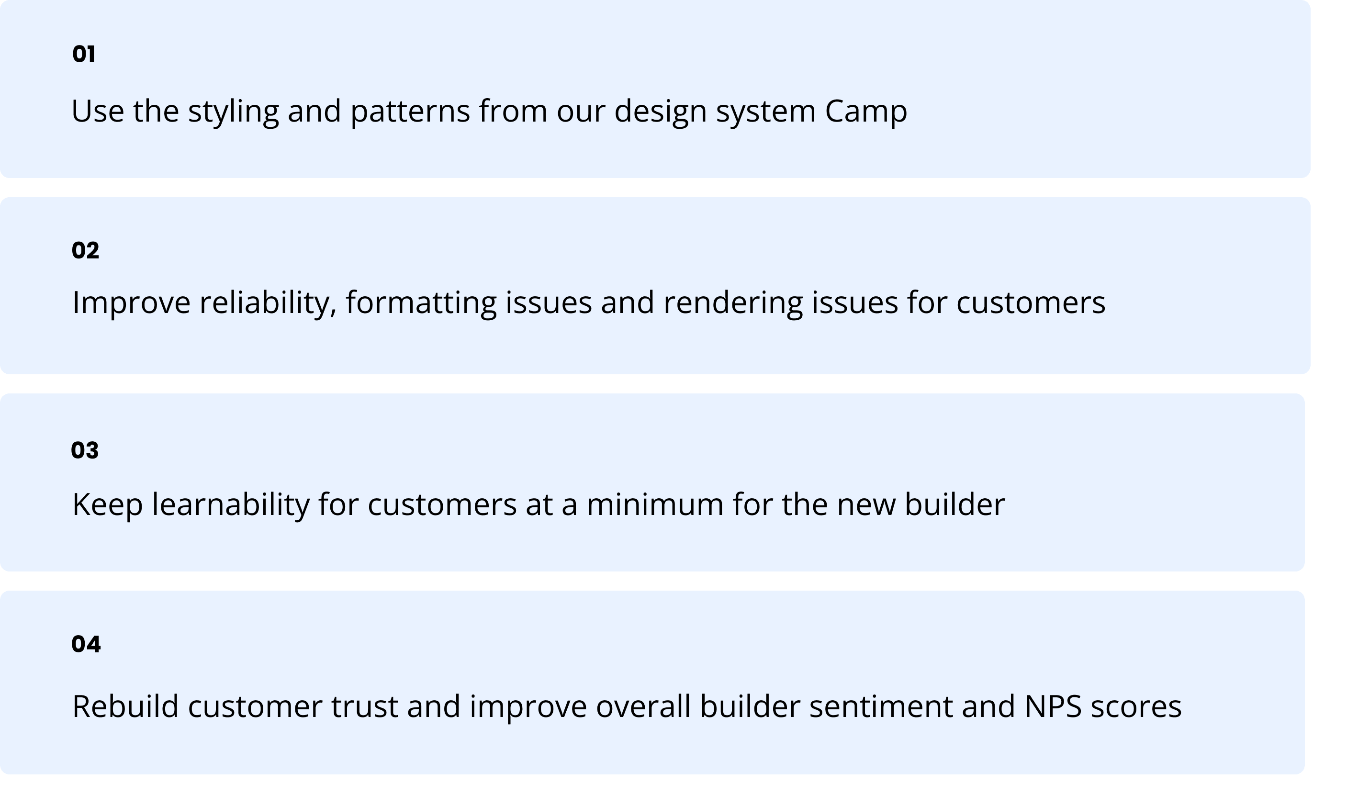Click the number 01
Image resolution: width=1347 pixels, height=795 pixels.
pyautogui.click(x=84, y=54)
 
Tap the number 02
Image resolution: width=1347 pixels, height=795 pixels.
pyautogui.click(x=85, y=251)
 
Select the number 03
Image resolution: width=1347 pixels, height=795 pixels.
pyautogui.click(x=85, y=450)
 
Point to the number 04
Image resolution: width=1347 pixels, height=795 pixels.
pyautogui.click(x=86, y=644)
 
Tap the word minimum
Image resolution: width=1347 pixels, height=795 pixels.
pyautogui.click(x=655, y=504)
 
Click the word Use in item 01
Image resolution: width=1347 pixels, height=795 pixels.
pyautogui.click(x=98, y=112)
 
